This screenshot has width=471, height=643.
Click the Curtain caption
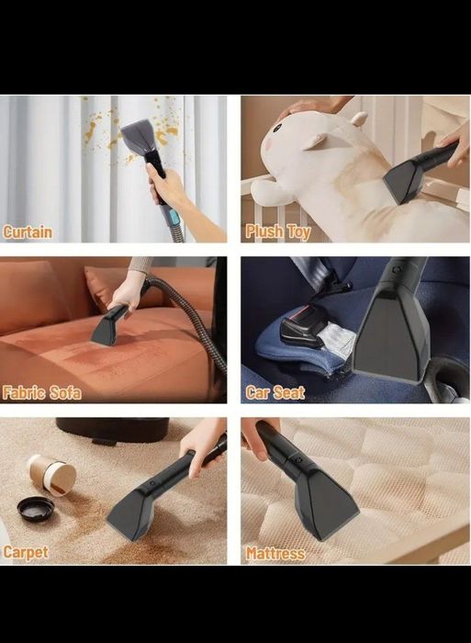click(x=28, y=232)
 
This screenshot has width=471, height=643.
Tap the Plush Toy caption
click(x=277, y=231)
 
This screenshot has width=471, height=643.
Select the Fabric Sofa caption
click(x=41, y=392)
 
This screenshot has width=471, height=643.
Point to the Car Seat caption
click(x=275, y=392)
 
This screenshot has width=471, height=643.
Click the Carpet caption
click(x=26, y=552)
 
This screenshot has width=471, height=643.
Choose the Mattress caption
click(x=275, y=554)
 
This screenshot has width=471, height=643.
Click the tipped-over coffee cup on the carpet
click(x=52, y=475)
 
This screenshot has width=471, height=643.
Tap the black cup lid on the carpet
click(x=35, y=509)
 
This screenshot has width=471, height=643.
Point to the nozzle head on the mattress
click(x=326, y=503)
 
